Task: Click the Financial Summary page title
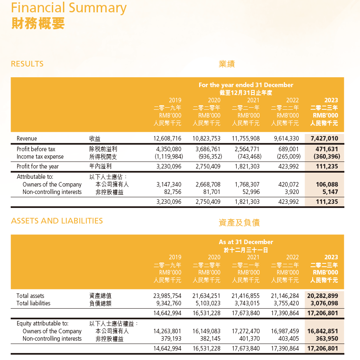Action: pos(69,8)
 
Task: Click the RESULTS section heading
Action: pos(27,64)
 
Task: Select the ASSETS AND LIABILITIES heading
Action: pos(57,221)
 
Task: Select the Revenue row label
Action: pos(27,138)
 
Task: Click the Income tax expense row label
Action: pos(40,157)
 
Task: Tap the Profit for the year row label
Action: pos(37,166)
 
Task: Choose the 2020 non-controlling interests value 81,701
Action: pos(210,192)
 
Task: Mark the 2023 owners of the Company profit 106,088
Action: pos(327,185)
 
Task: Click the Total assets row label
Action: pos(30,296)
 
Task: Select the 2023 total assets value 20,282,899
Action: pos(323,296)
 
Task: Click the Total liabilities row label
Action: pos(33,303)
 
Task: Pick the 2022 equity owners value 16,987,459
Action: pos(285,331)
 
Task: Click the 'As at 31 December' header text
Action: pos(246,242)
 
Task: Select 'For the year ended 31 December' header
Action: pos(246,85)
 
